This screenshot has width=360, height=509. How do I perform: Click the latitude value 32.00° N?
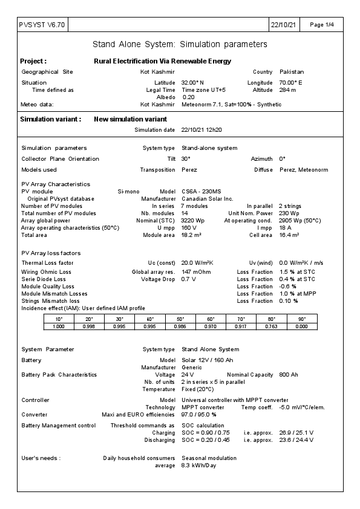point(193,82)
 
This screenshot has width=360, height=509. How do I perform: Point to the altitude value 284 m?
point(287,89)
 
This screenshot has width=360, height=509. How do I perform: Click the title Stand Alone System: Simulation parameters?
point(180,45)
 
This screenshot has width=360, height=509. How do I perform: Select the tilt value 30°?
point(186,158)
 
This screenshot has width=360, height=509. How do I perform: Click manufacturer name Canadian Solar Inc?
point(207,198)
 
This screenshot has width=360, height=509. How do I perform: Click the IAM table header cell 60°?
point(211,319)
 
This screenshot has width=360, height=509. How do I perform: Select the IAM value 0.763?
point(271,326)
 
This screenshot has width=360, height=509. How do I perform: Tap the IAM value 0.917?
point(241,326)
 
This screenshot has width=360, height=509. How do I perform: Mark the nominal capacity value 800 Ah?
point(288,375)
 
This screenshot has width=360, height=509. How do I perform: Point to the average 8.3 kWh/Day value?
point(198,465)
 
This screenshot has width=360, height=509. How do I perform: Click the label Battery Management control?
point(58,426)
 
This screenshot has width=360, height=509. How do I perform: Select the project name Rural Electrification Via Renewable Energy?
point(162,61)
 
